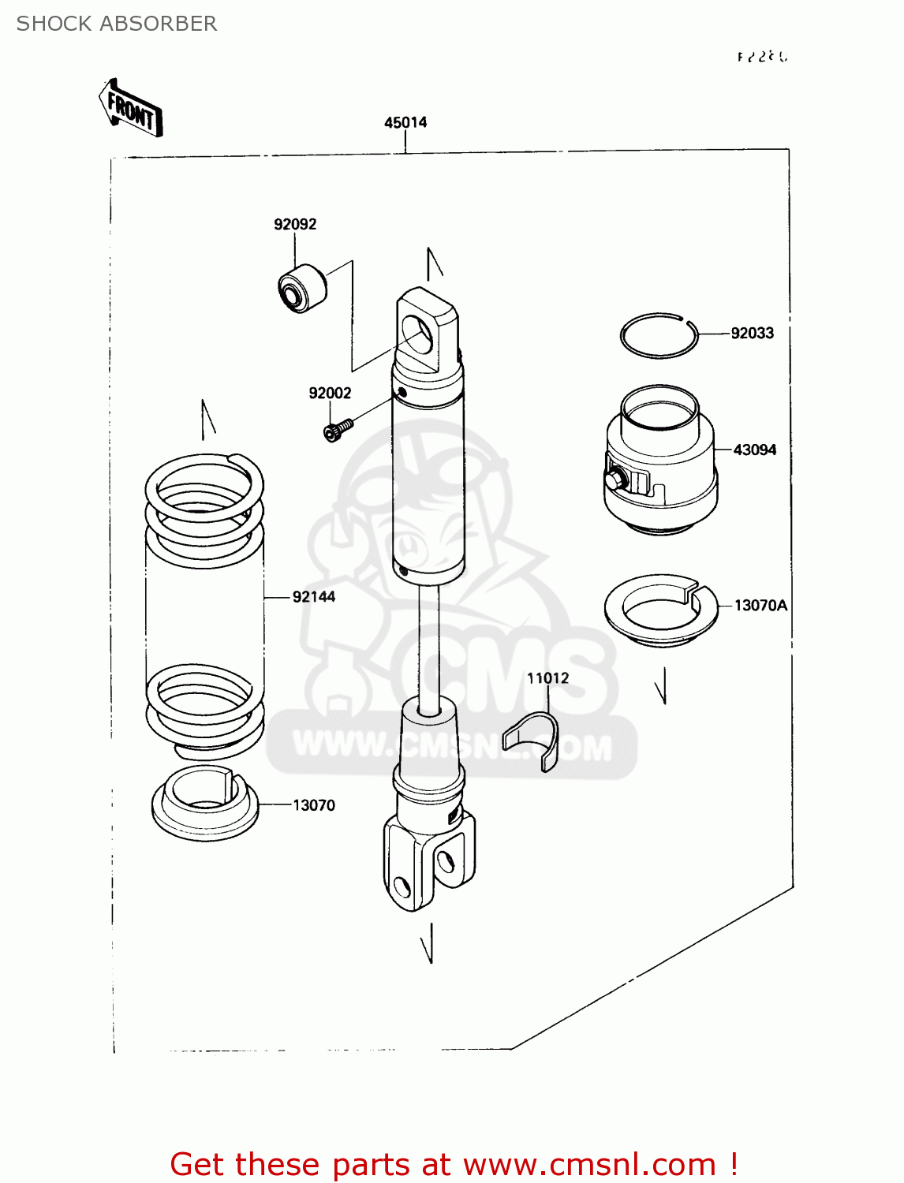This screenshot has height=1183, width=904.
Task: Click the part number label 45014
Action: pyautogui.click(x=405, y=122)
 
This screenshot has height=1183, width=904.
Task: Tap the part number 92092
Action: pyautogui.click(x=295, y=224)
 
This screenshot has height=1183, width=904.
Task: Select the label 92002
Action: pyautogui.click(x=330, y=393)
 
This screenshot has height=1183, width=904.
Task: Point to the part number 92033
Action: pyautogui.click(x=752, y=333)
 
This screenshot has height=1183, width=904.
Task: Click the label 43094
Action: pyautogui.click(x=754, y=450)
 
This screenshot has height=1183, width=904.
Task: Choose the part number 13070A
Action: pyautogui.click(x=760, y=605)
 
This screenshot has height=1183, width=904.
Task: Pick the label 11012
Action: pyautogui.click(x=547, y=678)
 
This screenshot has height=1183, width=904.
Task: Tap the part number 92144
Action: pyautogui.click(x=313, y=597)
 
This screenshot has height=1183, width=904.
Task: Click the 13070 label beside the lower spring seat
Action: pyautogui.click(x=313, y=805)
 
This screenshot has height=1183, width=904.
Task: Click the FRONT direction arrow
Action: pyautogui.click(x=130, y=110)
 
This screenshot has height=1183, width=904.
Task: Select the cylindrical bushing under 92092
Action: pyautogui.click(x=301, y=289)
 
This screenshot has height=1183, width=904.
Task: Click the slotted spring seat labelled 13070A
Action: pyautogui.click(x=660, y=610)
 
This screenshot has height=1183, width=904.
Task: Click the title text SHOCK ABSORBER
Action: pyautogui.click(x=117, y=24)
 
